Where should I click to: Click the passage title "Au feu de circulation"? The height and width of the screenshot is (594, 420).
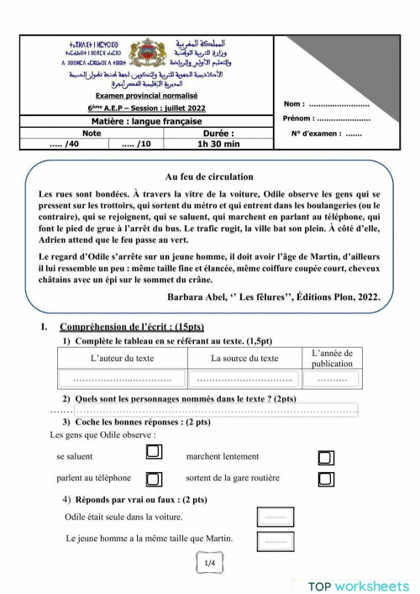209,176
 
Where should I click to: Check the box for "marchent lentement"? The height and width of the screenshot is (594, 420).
326,457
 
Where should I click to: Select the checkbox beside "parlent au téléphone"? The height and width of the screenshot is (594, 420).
154,478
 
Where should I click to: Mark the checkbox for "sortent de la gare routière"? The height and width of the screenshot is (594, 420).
326,479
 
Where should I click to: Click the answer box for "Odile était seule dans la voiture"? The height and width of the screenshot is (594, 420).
275,518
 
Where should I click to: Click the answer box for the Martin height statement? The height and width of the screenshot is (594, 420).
275,541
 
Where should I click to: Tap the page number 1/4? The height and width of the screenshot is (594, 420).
210,564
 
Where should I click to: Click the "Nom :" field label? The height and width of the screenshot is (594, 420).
295,104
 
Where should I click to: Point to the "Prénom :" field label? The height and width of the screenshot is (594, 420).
299,118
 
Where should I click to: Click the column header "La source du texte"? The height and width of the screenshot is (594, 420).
244,358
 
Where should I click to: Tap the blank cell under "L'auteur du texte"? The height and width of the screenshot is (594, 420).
123,379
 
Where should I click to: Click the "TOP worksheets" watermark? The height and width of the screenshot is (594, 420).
358,586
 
